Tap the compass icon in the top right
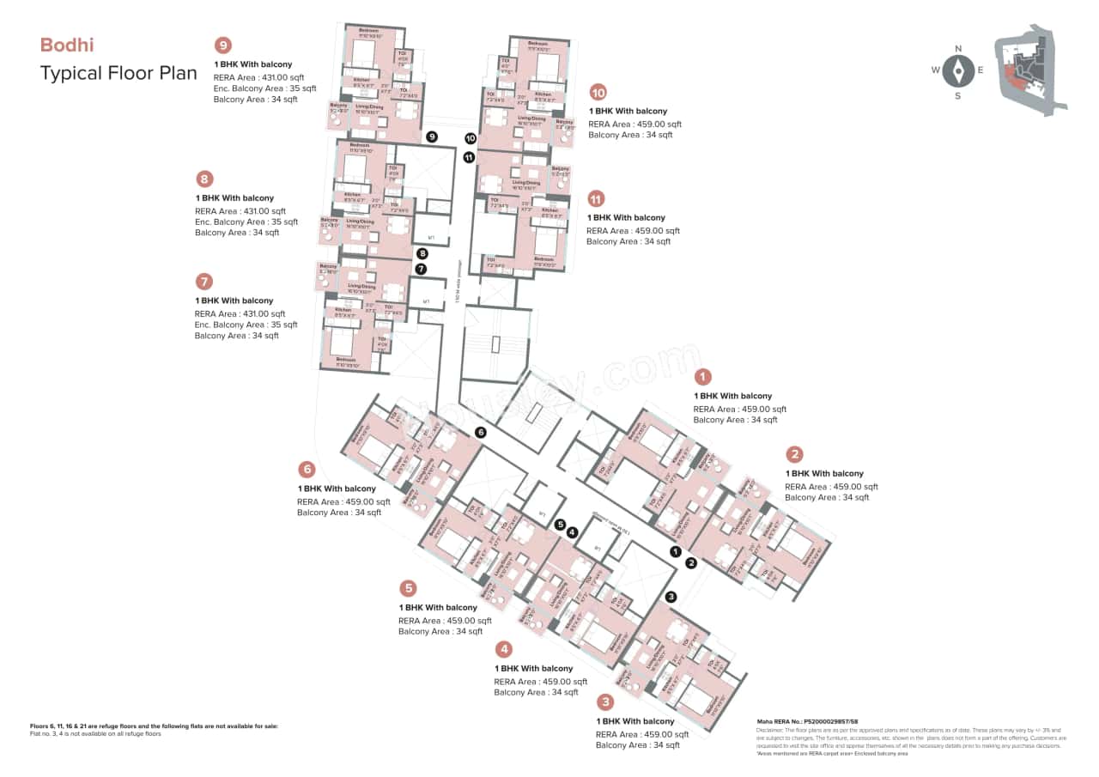pyautogui.click(x=958, y=71)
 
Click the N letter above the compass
pyautogui.click(x=958, y=49)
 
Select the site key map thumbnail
pyautogui.click(x=1029, y=76)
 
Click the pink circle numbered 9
pyautogui.click(x=223, y=46)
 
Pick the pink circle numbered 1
pyautogui.click(x=703, y=377)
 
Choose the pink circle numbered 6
pyautogui.click(x=307, y=470)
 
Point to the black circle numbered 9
pyautogui.click(x=432, y=137)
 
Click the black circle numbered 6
pyautogui.click(x=481, y=432)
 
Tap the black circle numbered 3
pyautogui.click(x=671, y=597)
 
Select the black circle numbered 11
pyautogui.click(x=469, y=157)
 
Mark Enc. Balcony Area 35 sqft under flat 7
pyautogui.click(x=246, y=325)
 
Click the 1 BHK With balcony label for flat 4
pyautogui.click(x=533, y=668)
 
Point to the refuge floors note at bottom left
pyautogui.click(x=155, y=726)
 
